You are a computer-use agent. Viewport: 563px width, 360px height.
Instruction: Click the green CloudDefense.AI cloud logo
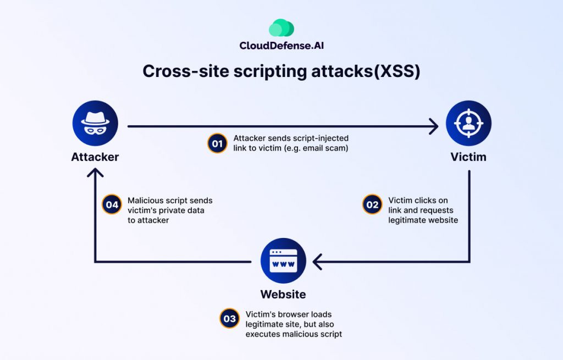(281, 28)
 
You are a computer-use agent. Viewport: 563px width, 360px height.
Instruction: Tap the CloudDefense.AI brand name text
(281, 46)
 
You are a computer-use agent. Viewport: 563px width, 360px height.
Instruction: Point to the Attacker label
(95, 157)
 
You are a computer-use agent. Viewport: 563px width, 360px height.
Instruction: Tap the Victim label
(468, 157)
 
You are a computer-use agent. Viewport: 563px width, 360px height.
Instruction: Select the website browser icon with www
(283, 261)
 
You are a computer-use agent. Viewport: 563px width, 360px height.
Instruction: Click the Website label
(283, 295)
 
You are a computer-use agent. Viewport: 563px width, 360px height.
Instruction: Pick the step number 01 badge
(217, 143)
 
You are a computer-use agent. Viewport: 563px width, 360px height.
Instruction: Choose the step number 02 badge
(372, 205)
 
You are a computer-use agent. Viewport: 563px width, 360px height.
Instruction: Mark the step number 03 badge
(229, 319)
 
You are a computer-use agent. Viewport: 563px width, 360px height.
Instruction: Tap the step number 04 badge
(112, 205)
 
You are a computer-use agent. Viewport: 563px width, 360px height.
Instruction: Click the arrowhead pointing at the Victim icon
(433, 126)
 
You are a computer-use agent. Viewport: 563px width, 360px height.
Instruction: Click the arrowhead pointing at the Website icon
(317, 261)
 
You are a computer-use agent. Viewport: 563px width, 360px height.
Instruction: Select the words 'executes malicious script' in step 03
(294, 334)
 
